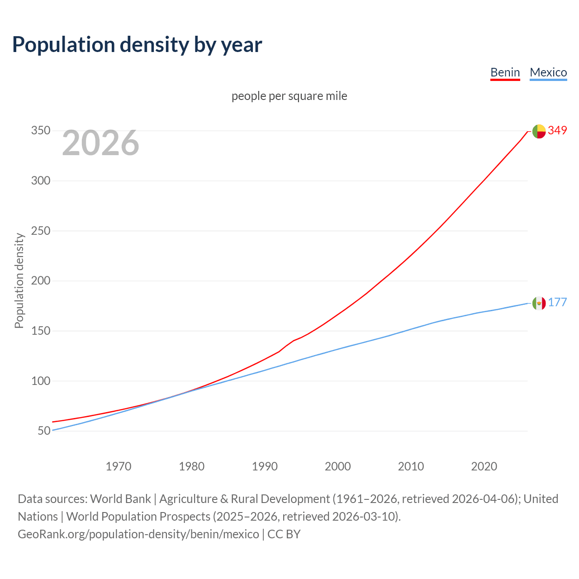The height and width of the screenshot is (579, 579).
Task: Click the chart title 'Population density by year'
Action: (x=137, y=45)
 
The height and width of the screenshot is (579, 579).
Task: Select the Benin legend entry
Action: (x=505, y=72)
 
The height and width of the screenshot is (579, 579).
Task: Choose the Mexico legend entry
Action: (x=548, y=72)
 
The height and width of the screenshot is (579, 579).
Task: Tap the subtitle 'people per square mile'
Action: (x=289, y=96)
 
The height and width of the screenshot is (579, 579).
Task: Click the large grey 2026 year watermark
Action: (x=100, y=143)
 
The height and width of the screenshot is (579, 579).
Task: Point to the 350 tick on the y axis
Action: (x=40, y=131)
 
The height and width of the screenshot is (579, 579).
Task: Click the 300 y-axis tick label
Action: (x=40, y=181)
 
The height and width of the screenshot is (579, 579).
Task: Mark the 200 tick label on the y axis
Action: (x=40, y=281)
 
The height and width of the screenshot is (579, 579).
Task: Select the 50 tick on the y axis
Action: (x=44, y=431)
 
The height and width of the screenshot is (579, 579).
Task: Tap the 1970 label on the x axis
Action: (x=119, y=466)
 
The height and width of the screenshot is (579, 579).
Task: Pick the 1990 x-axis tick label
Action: (x=265, y=466)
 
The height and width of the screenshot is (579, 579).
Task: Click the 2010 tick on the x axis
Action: (x=411, y=466)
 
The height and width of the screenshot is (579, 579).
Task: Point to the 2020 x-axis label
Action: (x=484, y=466)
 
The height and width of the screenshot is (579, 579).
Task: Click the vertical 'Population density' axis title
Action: (x=19, y=280)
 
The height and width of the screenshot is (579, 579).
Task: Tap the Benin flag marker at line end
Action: (x=539, y=131)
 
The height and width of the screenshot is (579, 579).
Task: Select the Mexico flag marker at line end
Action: (x=539, y=303)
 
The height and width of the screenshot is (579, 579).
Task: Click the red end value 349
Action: (x=557, y=131)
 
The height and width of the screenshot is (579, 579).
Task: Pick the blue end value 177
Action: (x=557, y=303)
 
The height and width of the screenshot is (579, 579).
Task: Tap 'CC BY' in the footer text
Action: (x=284, y=534)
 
